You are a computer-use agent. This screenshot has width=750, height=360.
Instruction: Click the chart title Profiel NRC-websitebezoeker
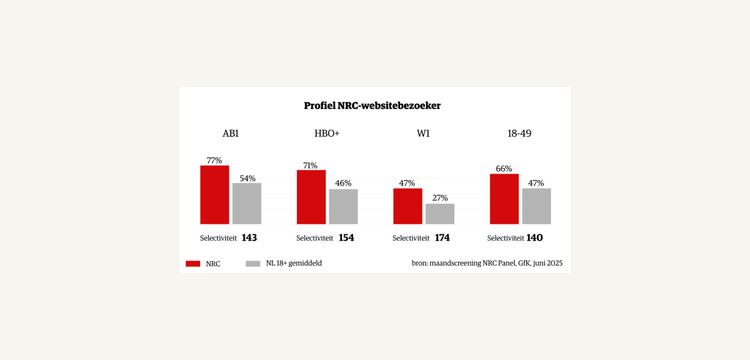point(372,106)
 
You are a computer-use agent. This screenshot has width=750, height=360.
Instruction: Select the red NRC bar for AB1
point(214,195)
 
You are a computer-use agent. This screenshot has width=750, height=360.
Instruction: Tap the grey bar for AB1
point(247,203)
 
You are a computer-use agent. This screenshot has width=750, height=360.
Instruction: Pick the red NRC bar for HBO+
point(311,197)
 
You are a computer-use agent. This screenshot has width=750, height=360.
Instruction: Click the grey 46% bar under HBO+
point(343,206)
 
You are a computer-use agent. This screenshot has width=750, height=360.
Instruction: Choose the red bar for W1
point(407,206)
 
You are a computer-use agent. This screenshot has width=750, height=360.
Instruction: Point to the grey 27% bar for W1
point(440,214)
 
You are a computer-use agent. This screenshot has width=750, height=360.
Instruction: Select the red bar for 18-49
point(504,199)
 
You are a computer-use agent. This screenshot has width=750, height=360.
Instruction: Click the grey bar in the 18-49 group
point(536,206)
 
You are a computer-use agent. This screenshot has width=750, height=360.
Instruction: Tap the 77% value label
point(214,160)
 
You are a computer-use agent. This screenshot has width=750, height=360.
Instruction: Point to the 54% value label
point(247,178)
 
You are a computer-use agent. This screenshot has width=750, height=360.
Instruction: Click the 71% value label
point(310,166)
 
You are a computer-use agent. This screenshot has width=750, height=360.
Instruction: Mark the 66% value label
point(503,169)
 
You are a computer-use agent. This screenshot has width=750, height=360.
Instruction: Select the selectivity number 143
point(249,238)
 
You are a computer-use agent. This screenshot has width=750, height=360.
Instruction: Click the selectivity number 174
point(442,238)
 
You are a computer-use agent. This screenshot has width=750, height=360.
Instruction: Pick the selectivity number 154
point(346,238)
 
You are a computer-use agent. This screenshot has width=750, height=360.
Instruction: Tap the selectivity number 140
point(535,238)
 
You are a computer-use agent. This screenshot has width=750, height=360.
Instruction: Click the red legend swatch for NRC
point(193,263)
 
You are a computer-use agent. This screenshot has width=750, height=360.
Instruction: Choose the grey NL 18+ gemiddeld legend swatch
point(253,263)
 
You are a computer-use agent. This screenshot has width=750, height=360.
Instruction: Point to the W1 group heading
point(423,133)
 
